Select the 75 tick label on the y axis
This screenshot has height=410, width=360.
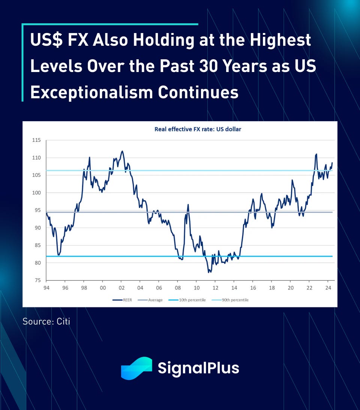pyautogui.click(x=37, y=280)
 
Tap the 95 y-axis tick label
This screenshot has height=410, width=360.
pyautogui.click(x=37, y=210)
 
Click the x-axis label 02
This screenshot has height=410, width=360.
pyautogui.click(x=121, y=287)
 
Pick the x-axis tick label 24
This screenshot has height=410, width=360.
pyautogui.click(x=328, y=287)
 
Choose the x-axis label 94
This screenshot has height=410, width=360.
pyautogui.click(x=46, y=287)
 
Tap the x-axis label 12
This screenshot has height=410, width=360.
pyautogui.click(x=215, y=287)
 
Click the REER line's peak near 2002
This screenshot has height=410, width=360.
pyautogui.click(x=122, y=151)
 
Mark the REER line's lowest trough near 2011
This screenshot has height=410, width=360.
pyautogui.click(x=208, y=272)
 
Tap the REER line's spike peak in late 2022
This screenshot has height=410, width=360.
pyautogui.click(x=316, y=154)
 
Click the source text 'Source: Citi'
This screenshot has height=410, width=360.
pyautogui.click(x=46, y=321)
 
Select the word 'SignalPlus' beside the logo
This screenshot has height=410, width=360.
pyautogui.click(x=198, y=368)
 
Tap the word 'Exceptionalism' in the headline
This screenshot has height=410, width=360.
pyautogui.click(x=91, y=92)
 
